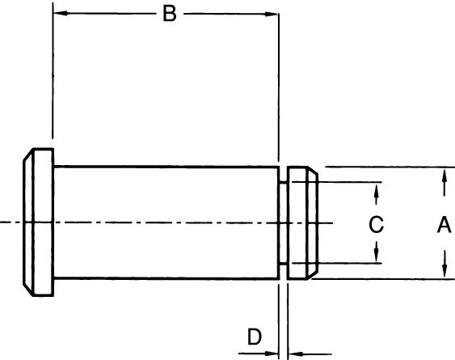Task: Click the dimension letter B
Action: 170,14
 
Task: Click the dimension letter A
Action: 444,225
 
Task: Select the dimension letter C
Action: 376,225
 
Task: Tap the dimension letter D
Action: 255,337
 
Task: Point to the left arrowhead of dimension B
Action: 61,13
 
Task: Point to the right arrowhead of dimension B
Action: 271,14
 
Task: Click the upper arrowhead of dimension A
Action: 444,176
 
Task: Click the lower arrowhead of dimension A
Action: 444,271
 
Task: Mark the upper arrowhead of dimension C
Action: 377,190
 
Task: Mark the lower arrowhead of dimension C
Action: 377,256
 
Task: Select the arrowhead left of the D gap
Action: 272,354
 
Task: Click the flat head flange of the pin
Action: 44,222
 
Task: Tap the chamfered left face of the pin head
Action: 28,222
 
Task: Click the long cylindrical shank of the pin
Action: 166,222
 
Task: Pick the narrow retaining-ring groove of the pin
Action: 283,222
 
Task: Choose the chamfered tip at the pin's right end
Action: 313,222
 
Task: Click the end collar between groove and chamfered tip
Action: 297,222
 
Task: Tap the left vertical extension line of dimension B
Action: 53,70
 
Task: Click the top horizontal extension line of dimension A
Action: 390,167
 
